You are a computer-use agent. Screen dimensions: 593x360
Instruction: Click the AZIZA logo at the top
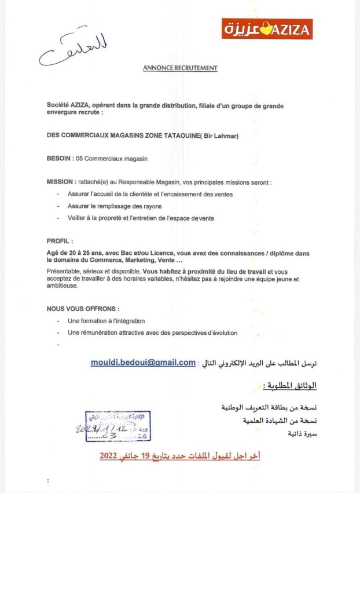267,28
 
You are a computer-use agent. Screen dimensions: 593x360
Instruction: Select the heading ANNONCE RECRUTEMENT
180,68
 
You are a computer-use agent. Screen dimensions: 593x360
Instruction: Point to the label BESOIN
59,158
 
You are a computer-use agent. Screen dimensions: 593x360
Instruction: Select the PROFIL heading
60,240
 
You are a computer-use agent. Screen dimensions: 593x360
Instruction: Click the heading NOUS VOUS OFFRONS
83,309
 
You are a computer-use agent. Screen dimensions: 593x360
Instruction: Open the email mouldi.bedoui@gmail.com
143,363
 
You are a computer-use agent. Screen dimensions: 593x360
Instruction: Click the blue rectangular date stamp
117,426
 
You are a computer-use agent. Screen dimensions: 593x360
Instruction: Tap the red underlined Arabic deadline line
180,456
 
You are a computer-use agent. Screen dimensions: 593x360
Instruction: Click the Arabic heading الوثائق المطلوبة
290,385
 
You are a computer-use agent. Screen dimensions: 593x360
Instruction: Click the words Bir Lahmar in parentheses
219,136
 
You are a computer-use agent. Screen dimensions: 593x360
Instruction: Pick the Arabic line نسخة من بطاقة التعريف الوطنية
269,407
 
